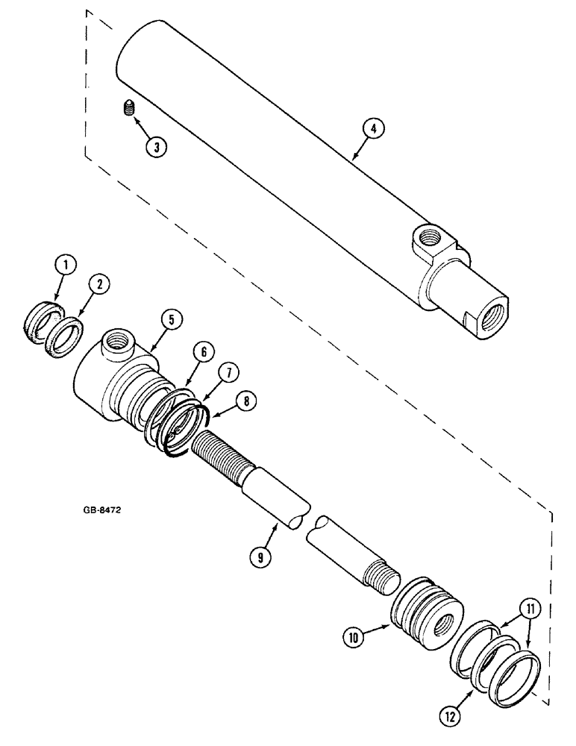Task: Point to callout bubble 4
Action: coord(374,129)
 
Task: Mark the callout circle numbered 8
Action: coord(247,401)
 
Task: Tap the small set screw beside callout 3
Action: coord(126,110)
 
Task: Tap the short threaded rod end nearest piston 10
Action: coord(381,575)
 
